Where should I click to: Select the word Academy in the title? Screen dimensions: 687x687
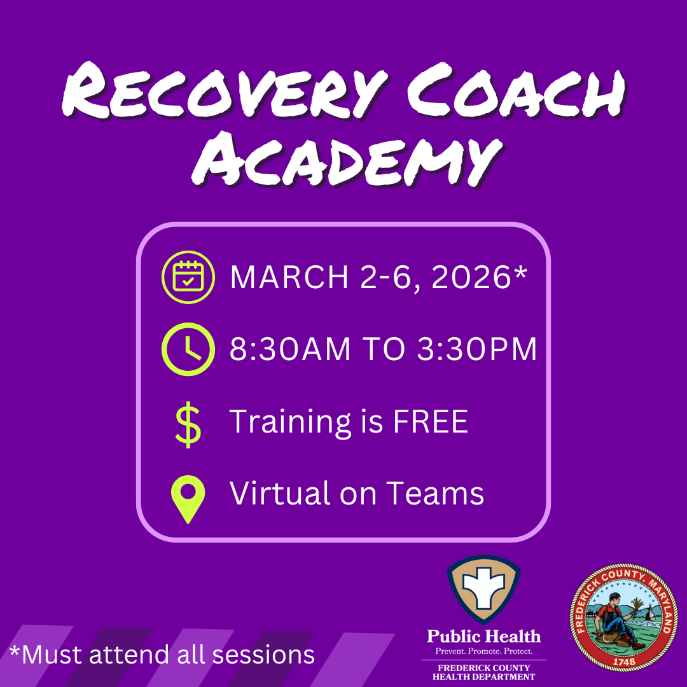(347, 158)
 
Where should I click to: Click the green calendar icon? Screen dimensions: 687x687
(188, 277)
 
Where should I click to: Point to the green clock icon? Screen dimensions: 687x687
(188, 349)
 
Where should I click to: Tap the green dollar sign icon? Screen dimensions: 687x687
(188, 424)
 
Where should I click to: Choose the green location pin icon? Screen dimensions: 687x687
(188, 499)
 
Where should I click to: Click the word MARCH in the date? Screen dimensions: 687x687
(289, 277)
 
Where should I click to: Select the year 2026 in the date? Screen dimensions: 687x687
(471, 277)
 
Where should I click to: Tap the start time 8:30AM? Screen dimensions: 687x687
(290, 349)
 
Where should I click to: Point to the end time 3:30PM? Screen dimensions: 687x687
(476, 349)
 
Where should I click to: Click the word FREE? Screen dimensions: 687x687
(430, 422)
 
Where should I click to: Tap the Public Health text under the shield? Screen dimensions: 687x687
(483, 636)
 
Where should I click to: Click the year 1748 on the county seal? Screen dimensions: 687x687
(623, 662)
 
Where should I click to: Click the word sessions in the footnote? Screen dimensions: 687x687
(263, 655)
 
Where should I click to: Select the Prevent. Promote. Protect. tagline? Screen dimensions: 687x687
(483, 651)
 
